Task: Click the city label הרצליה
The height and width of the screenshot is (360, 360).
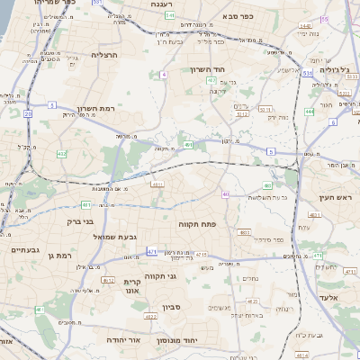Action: pos(104,55)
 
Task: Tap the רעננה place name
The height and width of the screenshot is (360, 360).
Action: pos(162,4)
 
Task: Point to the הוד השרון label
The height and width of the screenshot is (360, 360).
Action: pos(212,69)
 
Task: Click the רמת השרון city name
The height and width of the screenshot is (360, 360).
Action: pos(96,108)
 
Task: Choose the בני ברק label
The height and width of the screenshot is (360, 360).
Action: pos(81,220)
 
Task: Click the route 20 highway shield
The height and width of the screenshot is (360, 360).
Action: pos(27,114)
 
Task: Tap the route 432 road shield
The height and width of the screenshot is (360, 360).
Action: pos(61,154)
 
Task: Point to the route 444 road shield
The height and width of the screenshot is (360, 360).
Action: pos(309,112)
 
